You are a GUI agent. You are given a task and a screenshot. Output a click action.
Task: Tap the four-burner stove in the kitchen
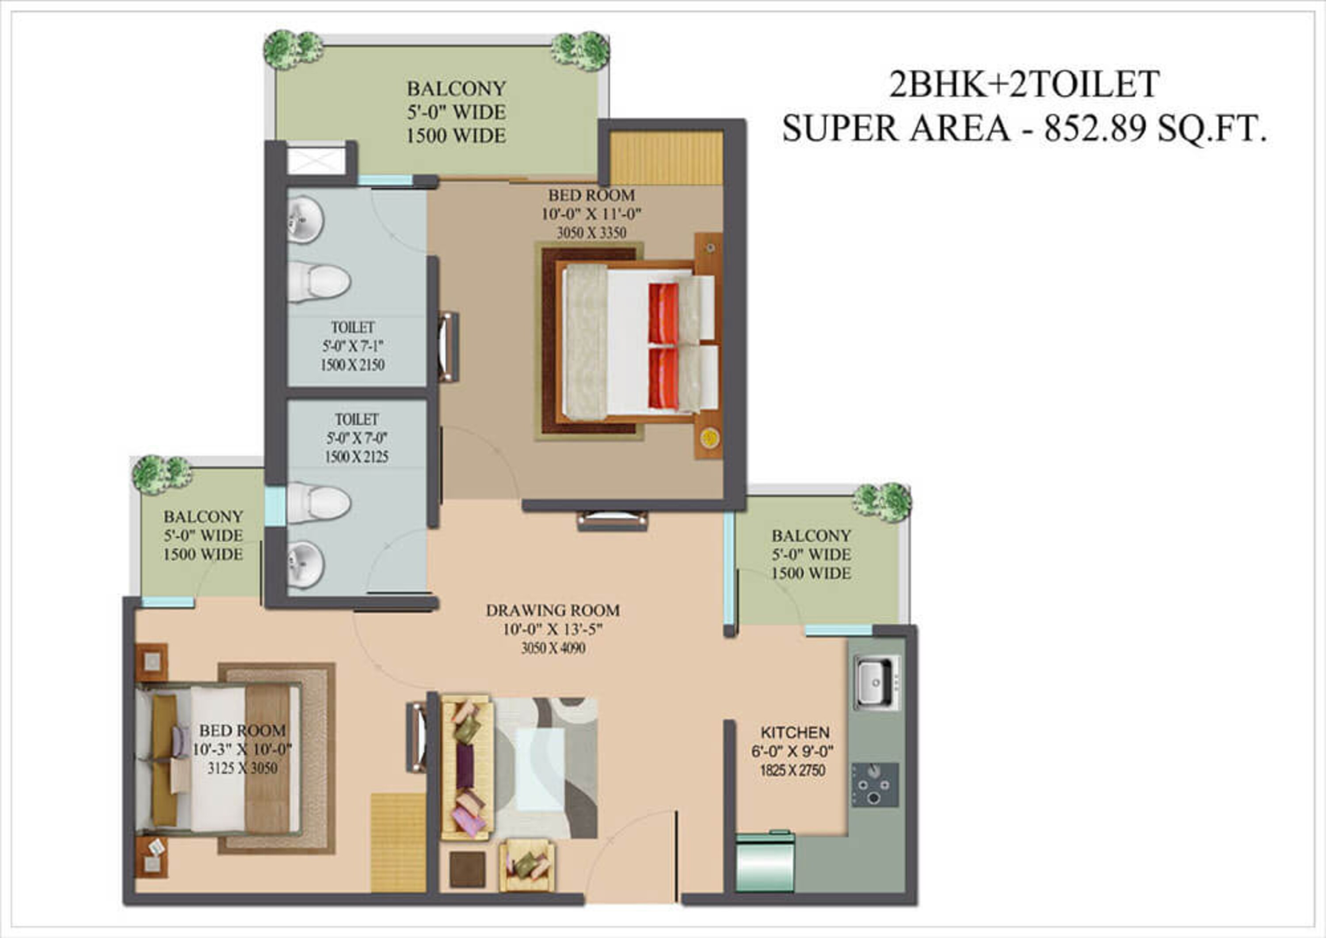[x=875, y=785]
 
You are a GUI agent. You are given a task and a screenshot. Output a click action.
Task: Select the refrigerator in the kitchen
[x=765, y=863]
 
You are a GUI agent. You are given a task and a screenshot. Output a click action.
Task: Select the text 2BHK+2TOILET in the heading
[x=1024, y=84]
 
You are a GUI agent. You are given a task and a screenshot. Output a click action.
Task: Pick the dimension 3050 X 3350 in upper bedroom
[x=591, y=233]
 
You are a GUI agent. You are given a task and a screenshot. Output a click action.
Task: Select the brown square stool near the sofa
[x=467, y=869]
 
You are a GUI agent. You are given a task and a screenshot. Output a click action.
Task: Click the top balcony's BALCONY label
[x=456, y=89]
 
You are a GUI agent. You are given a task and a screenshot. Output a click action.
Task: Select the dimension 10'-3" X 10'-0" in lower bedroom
[x=242, y=750]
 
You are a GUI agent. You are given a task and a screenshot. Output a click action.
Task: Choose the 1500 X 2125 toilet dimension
[x=356, y=457]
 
